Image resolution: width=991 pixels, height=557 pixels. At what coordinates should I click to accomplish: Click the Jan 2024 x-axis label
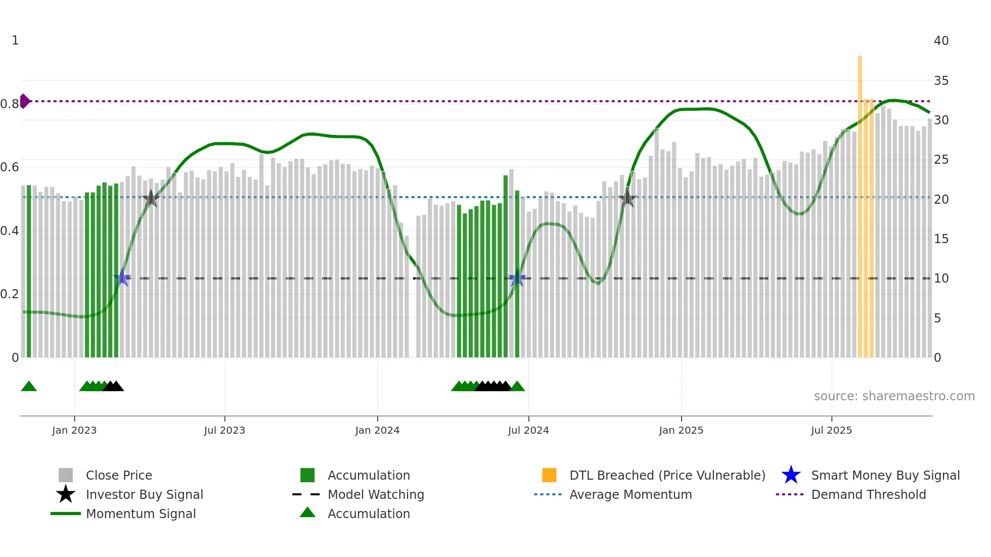click(377, 431)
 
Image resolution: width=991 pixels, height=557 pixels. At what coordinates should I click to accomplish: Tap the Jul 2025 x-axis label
click(831, 431)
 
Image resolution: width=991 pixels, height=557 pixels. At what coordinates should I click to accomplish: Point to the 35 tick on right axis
click(941, 81)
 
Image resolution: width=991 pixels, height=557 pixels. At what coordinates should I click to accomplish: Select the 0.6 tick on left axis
click(10, 167)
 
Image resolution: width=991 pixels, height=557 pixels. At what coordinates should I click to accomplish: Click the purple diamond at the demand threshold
click(24, 101)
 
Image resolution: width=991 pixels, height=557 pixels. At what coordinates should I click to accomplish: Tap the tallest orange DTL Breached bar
click(860, 202)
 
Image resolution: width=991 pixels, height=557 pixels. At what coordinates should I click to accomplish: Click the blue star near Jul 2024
click(517, 278)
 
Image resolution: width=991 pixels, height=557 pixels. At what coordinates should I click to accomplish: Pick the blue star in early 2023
click(122, 278)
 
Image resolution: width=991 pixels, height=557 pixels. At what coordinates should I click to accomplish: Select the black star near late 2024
click(627, 198)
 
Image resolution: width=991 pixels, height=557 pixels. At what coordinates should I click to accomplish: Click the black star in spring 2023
click(151, 199)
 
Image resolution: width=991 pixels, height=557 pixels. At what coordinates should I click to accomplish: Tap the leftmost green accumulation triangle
click(29, 387)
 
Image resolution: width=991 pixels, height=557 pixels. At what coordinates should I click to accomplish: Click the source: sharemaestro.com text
click(894, 396)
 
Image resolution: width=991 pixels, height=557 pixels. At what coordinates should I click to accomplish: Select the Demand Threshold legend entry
click(868, 495)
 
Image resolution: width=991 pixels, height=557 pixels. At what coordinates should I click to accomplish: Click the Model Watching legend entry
click(375, 495)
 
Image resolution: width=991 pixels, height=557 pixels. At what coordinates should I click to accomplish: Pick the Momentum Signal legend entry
click(141, 514)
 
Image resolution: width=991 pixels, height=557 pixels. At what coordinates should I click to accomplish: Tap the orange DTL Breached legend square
click(549, 476)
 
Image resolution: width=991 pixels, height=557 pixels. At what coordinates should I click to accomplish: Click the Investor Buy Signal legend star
click(66, 495)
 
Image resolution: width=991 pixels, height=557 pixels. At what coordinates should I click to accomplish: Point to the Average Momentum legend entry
click(630, 495)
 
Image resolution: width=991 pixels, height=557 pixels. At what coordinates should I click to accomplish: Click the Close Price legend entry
click(118, 476)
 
